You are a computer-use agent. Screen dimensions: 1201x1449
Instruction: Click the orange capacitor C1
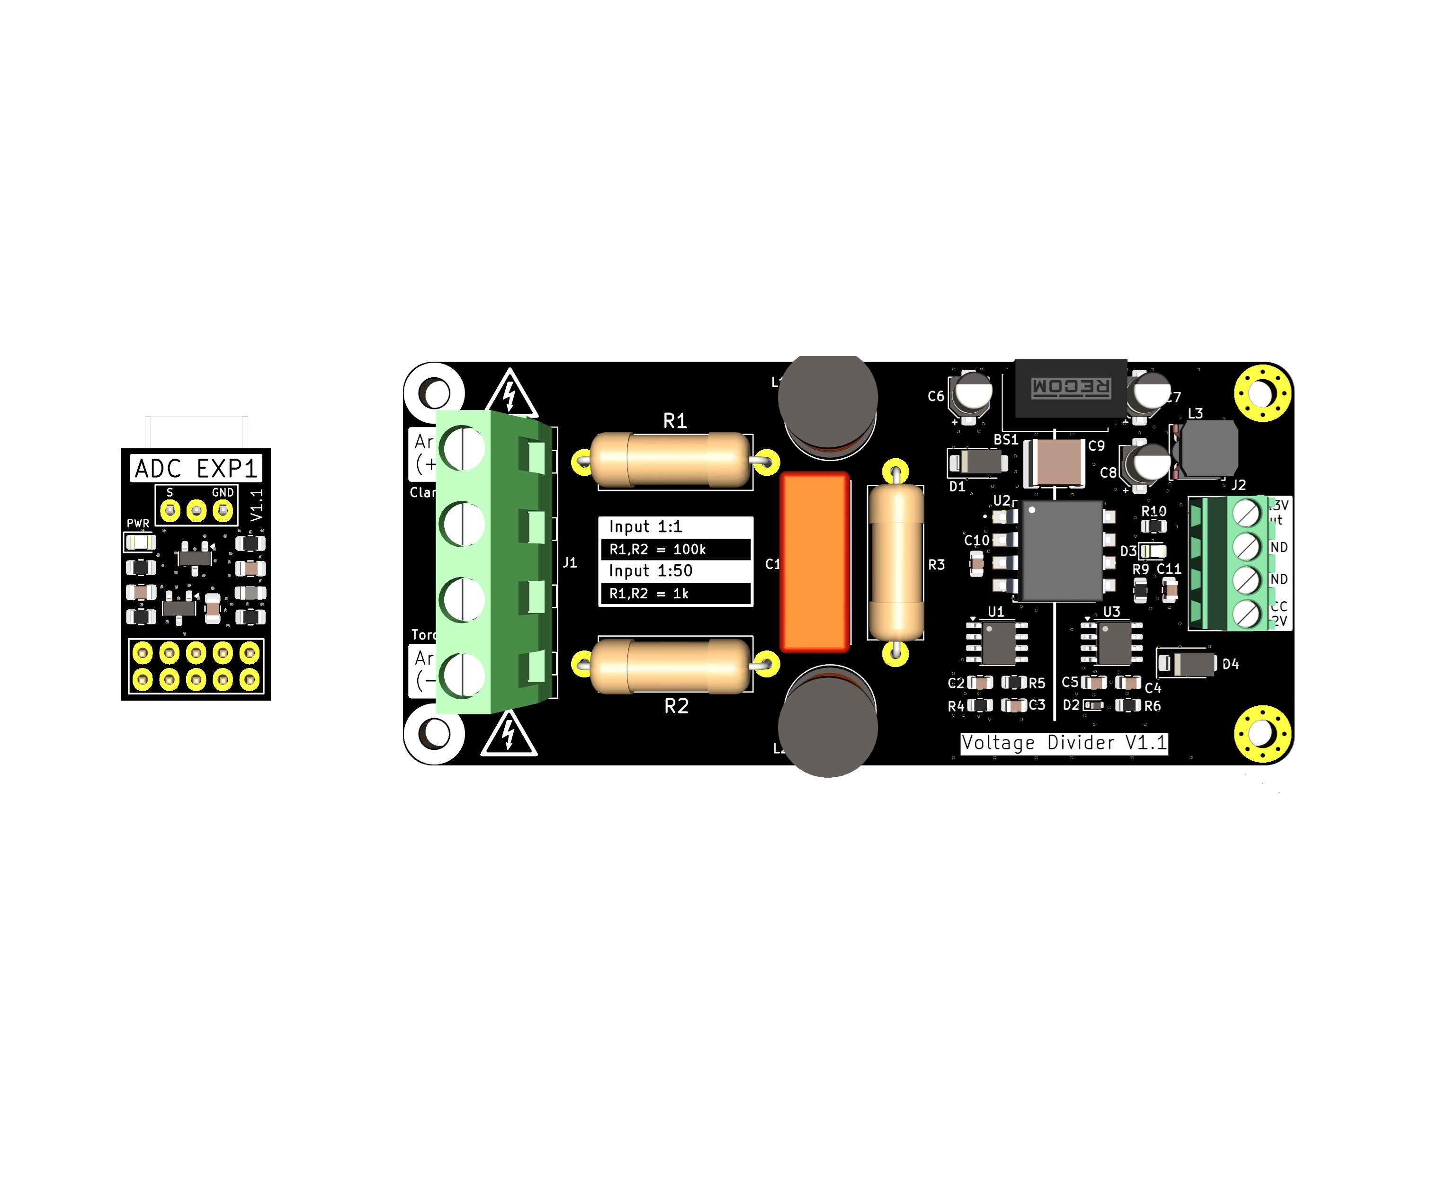[x=814, y=561]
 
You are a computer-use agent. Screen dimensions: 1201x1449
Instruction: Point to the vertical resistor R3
[x=895, y=562]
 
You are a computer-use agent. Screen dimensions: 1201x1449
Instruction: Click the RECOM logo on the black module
[x=1070, y=388]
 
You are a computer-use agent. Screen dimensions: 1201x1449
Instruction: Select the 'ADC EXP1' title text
[x=196, y=468]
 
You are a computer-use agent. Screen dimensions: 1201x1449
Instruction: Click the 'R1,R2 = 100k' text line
[x=658, y=550]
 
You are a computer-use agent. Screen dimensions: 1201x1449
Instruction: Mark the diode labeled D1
[x=978, y=462]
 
